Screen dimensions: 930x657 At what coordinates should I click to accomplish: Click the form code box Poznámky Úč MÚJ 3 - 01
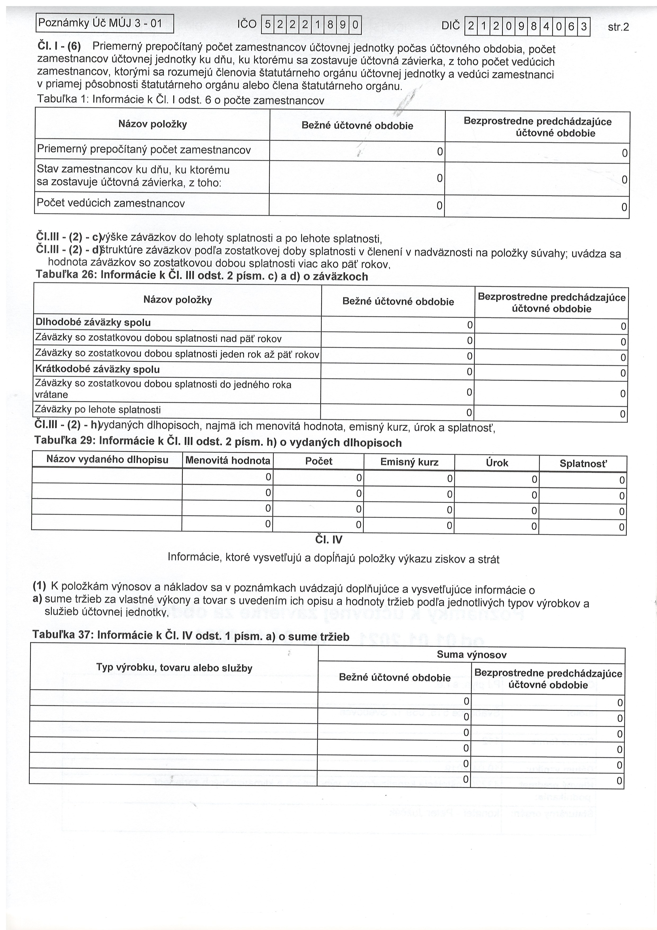[x=104, y=24]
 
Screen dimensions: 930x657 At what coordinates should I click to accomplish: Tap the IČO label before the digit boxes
[x=247, y=25]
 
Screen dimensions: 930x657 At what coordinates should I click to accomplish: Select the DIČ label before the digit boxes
[x=451, y=26]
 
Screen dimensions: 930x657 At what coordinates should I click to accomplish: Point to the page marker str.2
[x=618, y=27]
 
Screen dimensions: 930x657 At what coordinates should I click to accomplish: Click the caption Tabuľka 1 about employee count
[x=181, y=99]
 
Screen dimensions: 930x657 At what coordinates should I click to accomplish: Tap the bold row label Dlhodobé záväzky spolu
[x=93, y=322]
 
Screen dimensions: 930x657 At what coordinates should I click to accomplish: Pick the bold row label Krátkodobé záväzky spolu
[x=97, y=369]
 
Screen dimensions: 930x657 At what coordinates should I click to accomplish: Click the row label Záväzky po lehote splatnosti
[x=98, y=410]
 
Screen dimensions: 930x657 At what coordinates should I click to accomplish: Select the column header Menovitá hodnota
[x=228, y=460]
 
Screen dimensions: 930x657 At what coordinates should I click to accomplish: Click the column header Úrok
[x=497, y=463]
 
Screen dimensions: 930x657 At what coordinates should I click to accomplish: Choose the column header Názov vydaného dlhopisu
[x=107, y=460]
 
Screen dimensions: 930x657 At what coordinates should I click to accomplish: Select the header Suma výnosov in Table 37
[x=471, y=655]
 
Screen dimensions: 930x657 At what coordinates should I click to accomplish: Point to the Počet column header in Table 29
[x=319, y=461]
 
